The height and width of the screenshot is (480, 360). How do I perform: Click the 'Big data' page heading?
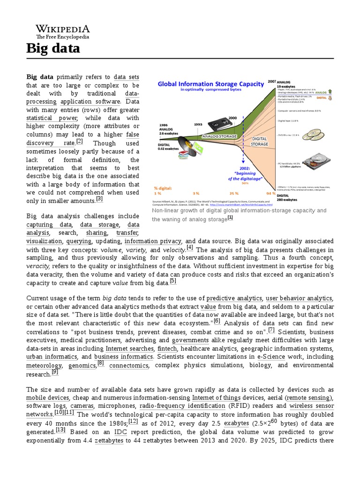click(x=53, y=48)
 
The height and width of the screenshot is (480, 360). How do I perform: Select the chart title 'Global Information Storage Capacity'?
click(x=211, y=84)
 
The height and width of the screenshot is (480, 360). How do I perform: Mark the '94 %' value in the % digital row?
click(x=270, y=193)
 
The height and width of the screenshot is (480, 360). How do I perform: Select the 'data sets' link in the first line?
click(x=127, y=77)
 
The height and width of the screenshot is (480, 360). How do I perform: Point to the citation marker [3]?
click(x=99, y=199)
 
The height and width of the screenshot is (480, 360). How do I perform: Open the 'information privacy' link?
click(x=153, y=241)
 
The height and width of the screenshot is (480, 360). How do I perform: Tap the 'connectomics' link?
click(x=129, y=365)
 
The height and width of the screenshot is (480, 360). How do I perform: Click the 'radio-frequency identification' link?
click(x=182, y=405)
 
